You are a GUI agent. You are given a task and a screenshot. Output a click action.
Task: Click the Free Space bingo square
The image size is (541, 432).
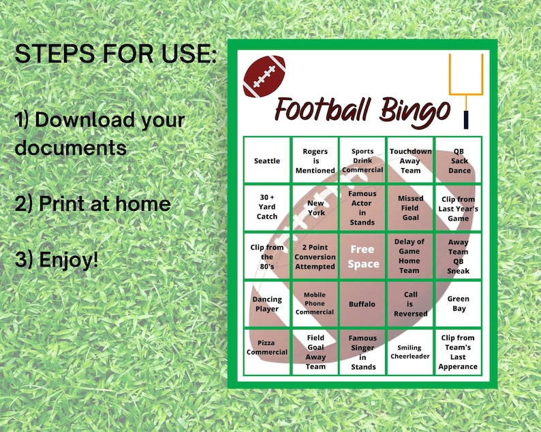click(363, 256)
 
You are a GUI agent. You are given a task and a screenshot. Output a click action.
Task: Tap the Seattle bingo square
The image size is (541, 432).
click(267, 161)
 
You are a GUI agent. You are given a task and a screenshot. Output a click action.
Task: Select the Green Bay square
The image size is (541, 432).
click(458, 303)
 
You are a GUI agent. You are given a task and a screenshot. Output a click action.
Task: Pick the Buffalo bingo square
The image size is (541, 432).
click(362, 304)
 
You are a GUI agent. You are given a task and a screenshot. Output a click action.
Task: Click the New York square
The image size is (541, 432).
click(315, 207)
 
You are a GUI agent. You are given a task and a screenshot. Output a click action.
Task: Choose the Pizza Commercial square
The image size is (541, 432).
click(267, 352)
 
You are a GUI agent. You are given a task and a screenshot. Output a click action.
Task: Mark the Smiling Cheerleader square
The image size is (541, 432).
click(410, 352)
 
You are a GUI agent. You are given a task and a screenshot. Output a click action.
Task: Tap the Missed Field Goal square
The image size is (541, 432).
click(410, 207)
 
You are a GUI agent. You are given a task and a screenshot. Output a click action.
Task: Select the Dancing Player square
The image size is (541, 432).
click(267, 304)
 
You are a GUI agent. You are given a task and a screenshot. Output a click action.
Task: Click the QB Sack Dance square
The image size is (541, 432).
click(459, 161)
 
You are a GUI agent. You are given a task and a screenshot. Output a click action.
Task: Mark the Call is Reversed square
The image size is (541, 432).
click(410, 304)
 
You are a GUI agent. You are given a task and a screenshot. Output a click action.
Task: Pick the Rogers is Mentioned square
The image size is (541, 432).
click(315, 161)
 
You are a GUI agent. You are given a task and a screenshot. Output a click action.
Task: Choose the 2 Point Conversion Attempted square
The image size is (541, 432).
click(315, 256)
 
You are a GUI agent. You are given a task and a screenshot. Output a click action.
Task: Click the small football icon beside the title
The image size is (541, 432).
click(264, 76)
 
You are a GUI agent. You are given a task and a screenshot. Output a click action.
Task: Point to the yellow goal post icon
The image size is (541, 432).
click(466, 88)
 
